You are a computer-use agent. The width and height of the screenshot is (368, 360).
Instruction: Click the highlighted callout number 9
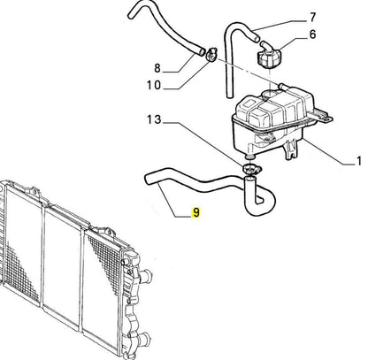coord(195,212)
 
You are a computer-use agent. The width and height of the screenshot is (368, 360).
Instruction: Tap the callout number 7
coord(312,18)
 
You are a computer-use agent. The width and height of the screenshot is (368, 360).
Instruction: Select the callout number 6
coord(312,34)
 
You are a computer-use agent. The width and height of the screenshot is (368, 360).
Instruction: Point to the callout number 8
coord(157,68)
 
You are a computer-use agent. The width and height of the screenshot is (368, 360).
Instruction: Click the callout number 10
coord(154,85)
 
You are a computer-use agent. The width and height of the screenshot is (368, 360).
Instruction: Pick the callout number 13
coord(155,119)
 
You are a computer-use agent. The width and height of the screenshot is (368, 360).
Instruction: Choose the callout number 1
coord(358,161)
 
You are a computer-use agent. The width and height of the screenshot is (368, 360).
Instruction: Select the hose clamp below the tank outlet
coord(250,170)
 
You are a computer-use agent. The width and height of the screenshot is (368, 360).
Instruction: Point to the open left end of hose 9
coord(149,179)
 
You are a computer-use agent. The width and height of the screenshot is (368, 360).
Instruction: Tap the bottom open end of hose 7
coord(229,95)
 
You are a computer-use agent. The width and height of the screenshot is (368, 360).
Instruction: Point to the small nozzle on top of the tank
coord(283,87)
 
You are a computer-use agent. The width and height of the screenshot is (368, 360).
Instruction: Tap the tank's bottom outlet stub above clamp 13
coord(250,156)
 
